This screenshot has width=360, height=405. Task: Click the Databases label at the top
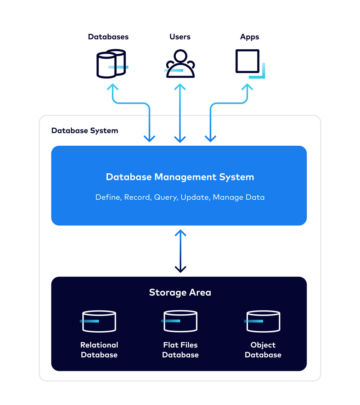[108, 37]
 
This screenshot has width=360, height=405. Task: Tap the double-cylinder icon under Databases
[111, 64]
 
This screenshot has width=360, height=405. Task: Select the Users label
[180, 37]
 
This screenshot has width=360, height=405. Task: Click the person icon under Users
[180, 64]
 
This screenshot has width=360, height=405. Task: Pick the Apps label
[249, 37]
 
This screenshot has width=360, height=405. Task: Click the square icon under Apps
[248, 62]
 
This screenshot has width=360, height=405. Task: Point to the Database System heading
[85, 131]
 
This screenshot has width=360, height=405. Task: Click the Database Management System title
[180, 177]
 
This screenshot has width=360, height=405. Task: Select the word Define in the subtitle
[108, 197]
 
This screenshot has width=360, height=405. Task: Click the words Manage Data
[239, 197]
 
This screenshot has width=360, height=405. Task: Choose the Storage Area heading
[180, 292]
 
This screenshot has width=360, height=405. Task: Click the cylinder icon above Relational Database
[99, 321]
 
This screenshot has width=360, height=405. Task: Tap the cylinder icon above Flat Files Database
[180, 321]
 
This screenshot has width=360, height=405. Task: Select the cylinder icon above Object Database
[263, 321]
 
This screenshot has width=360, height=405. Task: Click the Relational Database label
[99, 350]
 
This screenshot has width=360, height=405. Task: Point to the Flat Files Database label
[180, 350]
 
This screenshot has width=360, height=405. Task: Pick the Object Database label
[263, 350]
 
